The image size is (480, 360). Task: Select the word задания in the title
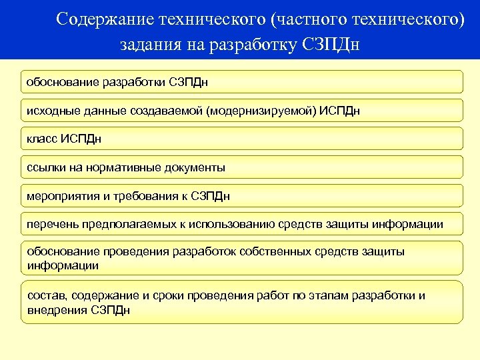point(149,45)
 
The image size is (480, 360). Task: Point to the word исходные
point(49,110)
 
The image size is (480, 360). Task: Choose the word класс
point(41,139)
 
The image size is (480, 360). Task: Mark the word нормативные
point(119,167)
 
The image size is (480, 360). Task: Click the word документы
point(192,167)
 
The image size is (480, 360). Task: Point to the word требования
point(141,196)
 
